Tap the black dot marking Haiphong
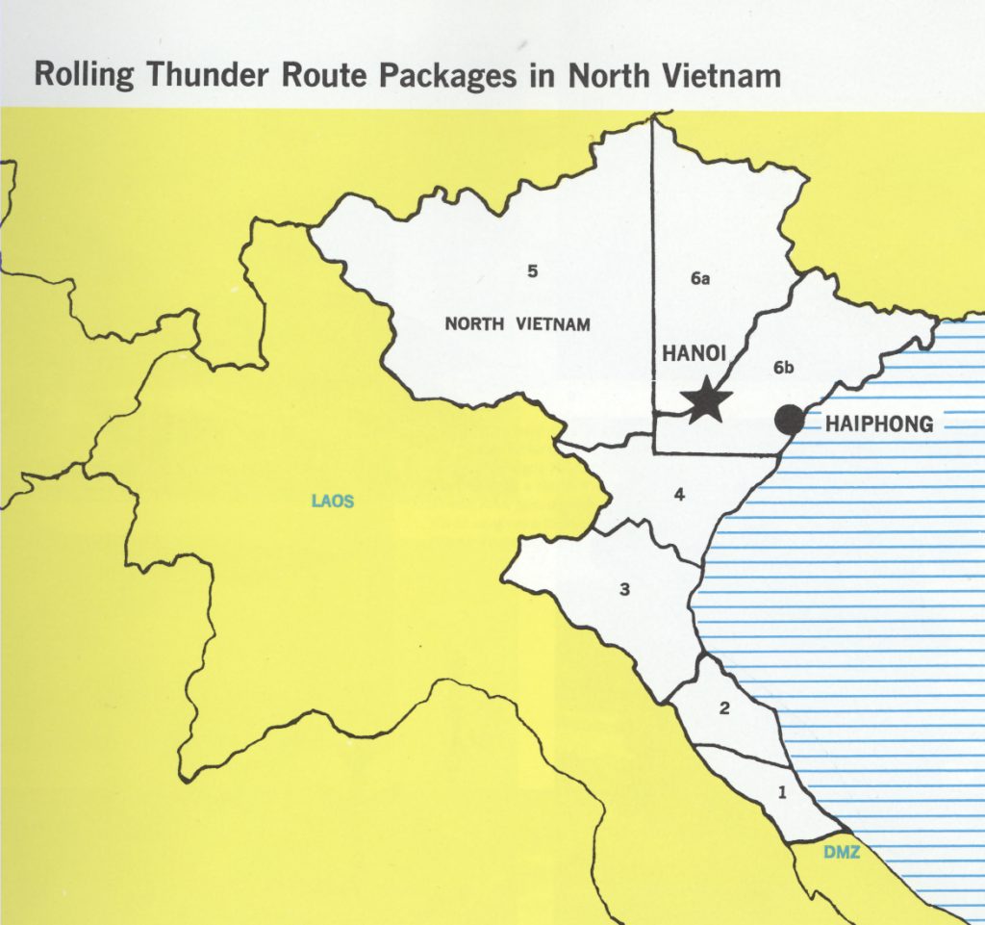coord(790,420)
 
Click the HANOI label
coord(693,354)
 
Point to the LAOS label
coord(333,501)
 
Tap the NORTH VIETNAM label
coord(517,323)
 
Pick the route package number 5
coord(531,271)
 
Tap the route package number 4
coord(679,496)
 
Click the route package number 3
coord(624,589)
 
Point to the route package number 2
coord(724,709)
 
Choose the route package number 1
coord(781,793)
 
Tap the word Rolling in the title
coord(83,75)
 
